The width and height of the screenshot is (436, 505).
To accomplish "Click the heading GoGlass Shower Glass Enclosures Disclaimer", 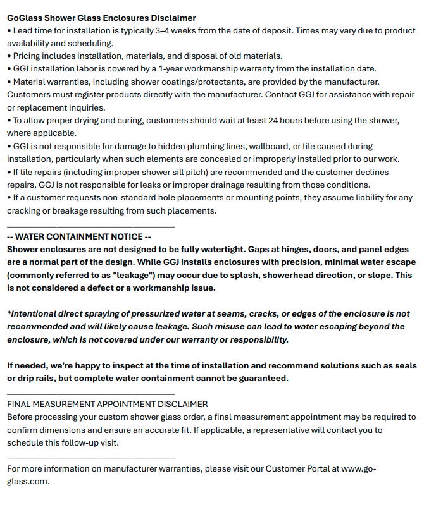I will (x=101, y=18).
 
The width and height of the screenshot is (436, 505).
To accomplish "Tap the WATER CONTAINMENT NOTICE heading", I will (x=79, y=237).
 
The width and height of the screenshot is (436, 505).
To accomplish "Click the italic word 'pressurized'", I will (x=192, y=314).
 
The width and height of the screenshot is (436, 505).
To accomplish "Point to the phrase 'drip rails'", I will (x=39, y=379).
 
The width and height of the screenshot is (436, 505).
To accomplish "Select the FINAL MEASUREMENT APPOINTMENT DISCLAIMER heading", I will (x=107, y=405).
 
